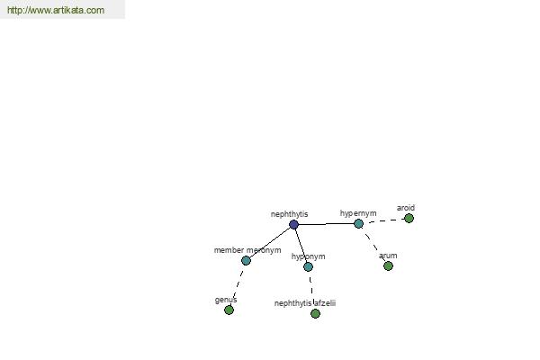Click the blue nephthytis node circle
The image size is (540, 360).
point(293,225)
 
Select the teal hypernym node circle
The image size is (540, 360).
point(358,224)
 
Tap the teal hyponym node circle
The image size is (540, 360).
point(308,266)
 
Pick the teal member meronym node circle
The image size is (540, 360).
point(246,260)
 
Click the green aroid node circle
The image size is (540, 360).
point(409,218)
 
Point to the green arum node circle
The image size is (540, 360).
point(388,266)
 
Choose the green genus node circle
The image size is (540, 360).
point(229,310)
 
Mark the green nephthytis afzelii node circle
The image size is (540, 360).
point(315,313)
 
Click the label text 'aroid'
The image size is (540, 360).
point(406,208)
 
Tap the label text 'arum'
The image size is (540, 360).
point(388,256)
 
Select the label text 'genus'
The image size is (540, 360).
point(226,300)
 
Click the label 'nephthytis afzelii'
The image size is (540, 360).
point(305,303)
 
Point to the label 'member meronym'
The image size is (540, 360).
point(247,250)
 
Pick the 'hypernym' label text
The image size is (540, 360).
point(358,213)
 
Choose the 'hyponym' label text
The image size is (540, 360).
point(308,256)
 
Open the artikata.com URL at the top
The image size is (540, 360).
point(56,10)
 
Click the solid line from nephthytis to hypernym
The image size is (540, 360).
point(326,224)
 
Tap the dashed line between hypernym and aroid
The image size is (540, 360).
point(386,220)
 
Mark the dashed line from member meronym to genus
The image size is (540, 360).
point(238,285)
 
